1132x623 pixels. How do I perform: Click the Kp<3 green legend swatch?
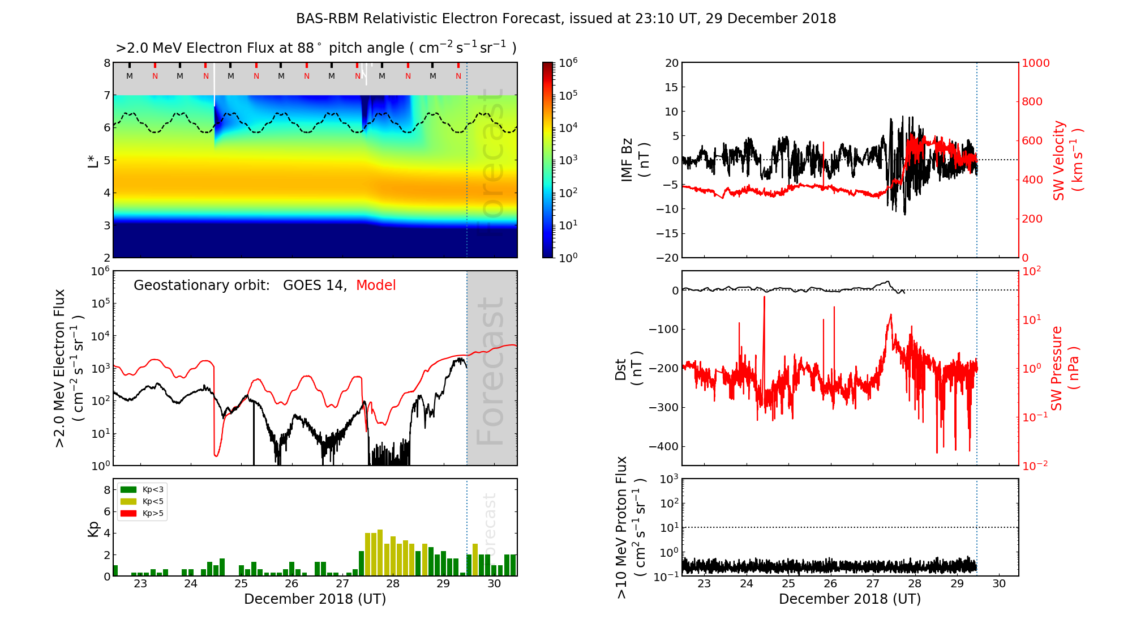point(128,489)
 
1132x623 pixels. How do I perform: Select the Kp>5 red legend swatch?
point(128,514)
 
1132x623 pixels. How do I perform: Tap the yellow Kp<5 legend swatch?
point(128,501)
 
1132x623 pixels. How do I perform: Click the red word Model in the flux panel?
point(376,285)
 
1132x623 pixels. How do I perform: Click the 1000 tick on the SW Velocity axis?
point(1035,63)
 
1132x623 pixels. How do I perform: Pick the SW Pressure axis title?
point(1064,368)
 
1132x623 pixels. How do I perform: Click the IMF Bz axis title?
point(634,160)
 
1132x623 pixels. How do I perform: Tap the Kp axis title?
point(93,528)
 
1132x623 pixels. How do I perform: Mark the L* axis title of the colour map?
point(93,161)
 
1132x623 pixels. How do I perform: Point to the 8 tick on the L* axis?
point(106,63)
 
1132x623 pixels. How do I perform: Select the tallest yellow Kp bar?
point(380,553)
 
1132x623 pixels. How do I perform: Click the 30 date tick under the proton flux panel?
point(999,584)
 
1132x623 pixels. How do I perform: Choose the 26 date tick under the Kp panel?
point(291,584)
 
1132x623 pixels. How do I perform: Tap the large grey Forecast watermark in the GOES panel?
point(491,371)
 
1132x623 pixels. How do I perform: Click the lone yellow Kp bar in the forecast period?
point(475,560)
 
